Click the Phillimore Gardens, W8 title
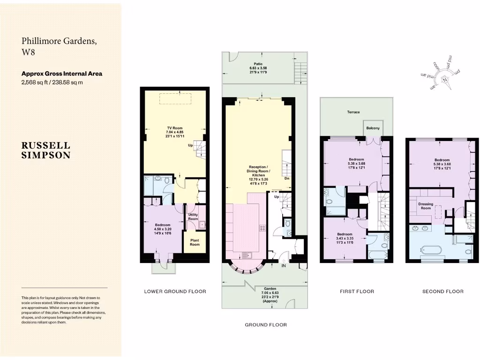coord(60,46)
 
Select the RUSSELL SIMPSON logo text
coord(46,150)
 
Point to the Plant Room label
coord(195,242)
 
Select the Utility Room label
coord(193,217)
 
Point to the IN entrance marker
coord(284,266)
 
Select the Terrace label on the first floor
coord(353,112)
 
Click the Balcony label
coord(373,128)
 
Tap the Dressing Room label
coord(426,206)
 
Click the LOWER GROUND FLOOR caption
coord(175,292)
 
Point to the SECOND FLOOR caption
coord(443,292)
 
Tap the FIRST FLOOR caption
coord(357,292)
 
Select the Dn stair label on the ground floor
coord(286,178)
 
